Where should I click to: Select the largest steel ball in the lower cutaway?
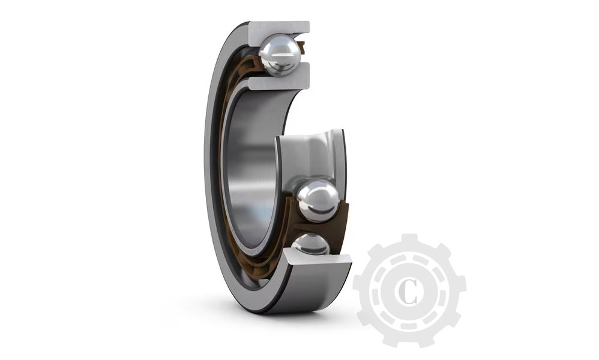click(318, 200)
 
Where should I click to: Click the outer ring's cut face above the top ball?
click(278, 28)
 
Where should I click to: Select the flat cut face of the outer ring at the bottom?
click(318, 260)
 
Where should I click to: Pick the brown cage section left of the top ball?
click(255, 60)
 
